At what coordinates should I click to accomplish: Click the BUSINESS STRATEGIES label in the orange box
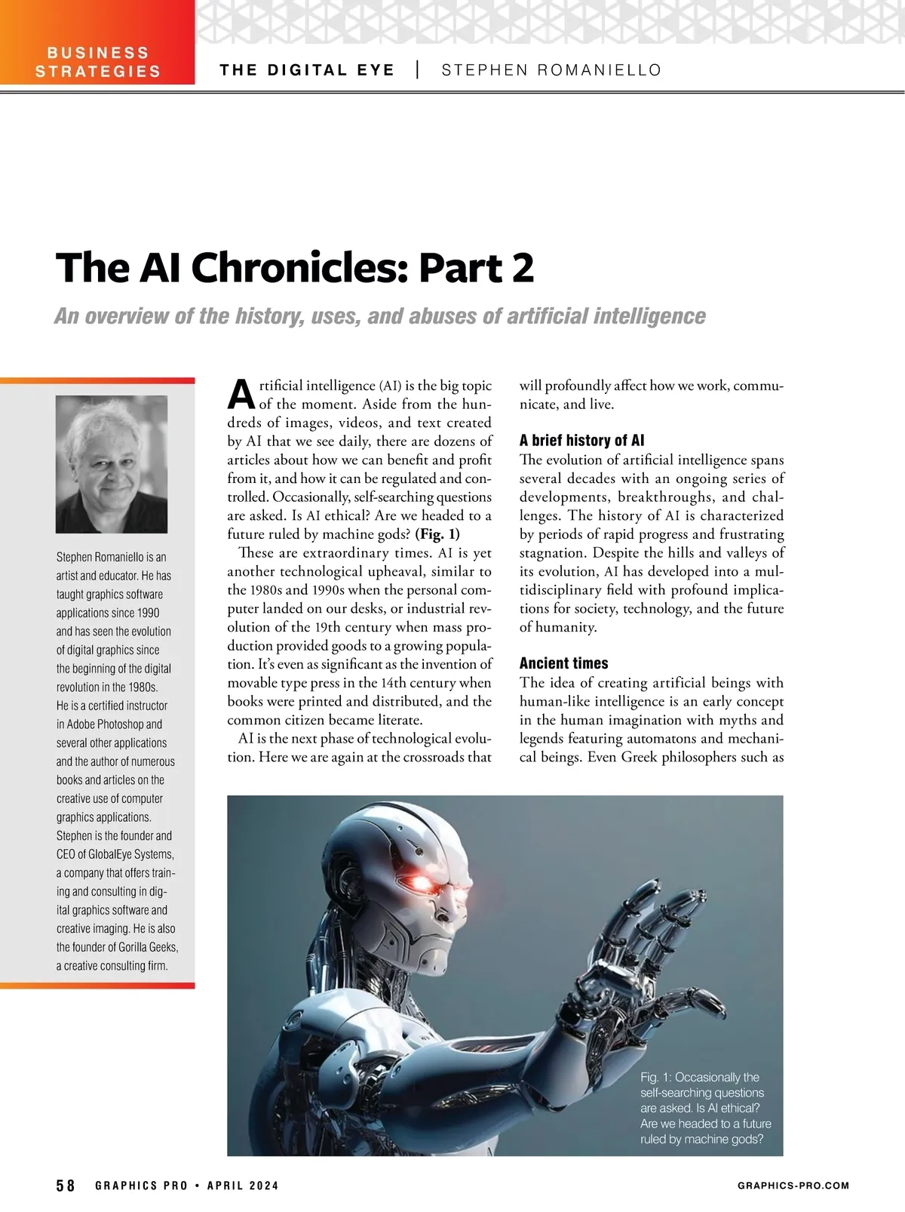coord(98,63)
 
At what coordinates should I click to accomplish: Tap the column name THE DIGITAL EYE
coord(307,70)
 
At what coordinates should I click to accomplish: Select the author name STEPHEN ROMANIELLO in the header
coord(551,70)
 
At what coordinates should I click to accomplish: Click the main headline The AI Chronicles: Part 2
coord(295,268)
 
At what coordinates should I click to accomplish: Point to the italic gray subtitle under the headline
coord(379,315)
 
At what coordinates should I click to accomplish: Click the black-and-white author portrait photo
coord(112,464)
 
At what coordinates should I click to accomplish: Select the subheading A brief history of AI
coord(581,441)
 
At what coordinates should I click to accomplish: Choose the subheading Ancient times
coord(563,663)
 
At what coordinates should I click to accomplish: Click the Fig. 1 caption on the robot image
coord(701,1108)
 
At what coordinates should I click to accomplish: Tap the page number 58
coord(66,1186)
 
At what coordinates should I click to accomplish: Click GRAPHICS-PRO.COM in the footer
coord(793,1186)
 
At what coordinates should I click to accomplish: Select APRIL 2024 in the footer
coord(243,1186)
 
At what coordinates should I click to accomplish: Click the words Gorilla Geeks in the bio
coord(146,947)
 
